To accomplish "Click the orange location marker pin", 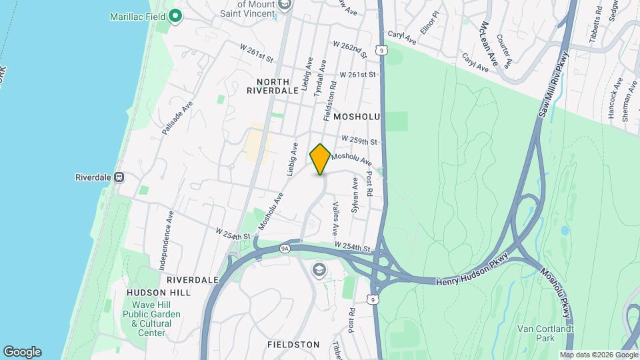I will pos(320,159).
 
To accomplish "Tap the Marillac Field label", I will pos(138,15).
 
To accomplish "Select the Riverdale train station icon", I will pos(119,177).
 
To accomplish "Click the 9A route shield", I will pos(285,248).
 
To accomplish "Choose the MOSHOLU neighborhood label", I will pos(357,117).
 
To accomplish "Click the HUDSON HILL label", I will pos(158,292).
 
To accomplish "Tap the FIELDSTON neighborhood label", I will pos(293,345).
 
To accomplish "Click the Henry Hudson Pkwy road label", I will pos(472,275).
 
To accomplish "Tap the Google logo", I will pos(22,352).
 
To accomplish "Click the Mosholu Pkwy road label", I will pos(555,287).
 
